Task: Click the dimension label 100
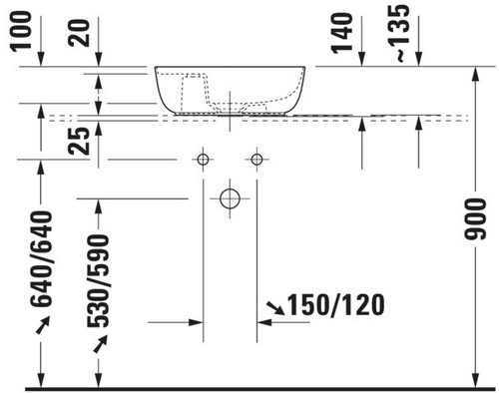coord(21,32)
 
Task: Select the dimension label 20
coord(79,33)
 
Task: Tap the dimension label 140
coord(342,33)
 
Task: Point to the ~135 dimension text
coord(399,33)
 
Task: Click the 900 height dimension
coord(475,219)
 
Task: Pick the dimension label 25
coord(79,142)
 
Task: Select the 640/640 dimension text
coord(42,258)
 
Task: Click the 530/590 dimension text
coord(98,281)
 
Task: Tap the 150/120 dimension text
coord(335,305)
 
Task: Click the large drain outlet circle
coord(230,189)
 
